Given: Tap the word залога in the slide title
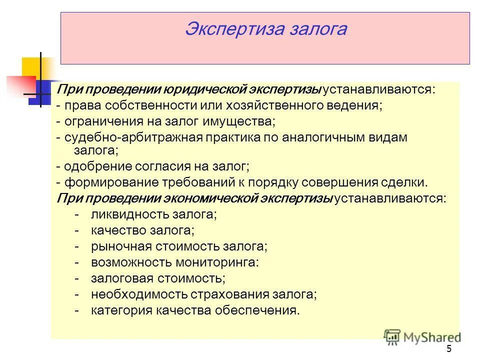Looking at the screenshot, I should (317, 28).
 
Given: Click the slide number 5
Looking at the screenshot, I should (448, 349).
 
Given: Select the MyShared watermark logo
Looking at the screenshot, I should (422, 336).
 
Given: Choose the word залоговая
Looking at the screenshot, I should (118, 278).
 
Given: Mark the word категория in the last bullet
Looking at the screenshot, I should (119, 310).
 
